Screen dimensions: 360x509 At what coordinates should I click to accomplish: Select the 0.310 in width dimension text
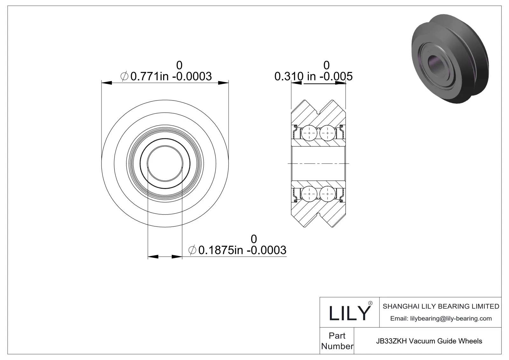pos(313,76)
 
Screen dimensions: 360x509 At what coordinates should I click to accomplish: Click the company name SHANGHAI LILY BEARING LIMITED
pos(441,306)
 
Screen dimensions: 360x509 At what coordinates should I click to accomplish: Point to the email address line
pos(441,318)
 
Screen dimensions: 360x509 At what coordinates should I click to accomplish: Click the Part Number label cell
pos(337,341)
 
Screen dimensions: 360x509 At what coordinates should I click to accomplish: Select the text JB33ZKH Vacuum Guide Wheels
pos(429,341)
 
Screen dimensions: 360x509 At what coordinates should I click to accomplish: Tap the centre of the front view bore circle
pos(165,164)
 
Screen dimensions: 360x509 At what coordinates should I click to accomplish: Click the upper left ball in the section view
pos(309,132)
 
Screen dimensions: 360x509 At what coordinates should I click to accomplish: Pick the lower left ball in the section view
pos(309,194)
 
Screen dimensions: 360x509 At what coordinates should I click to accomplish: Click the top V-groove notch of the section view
pos(318,112)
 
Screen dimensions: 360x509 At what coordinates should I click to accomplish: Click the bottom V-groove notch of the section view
pos(318,216)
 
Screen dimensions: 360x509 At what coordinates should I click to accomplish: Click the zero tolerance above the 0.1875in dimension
pos(254,239)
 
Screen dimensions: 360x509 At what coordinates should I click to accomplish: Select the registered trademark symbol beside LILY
pos(370,303)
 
